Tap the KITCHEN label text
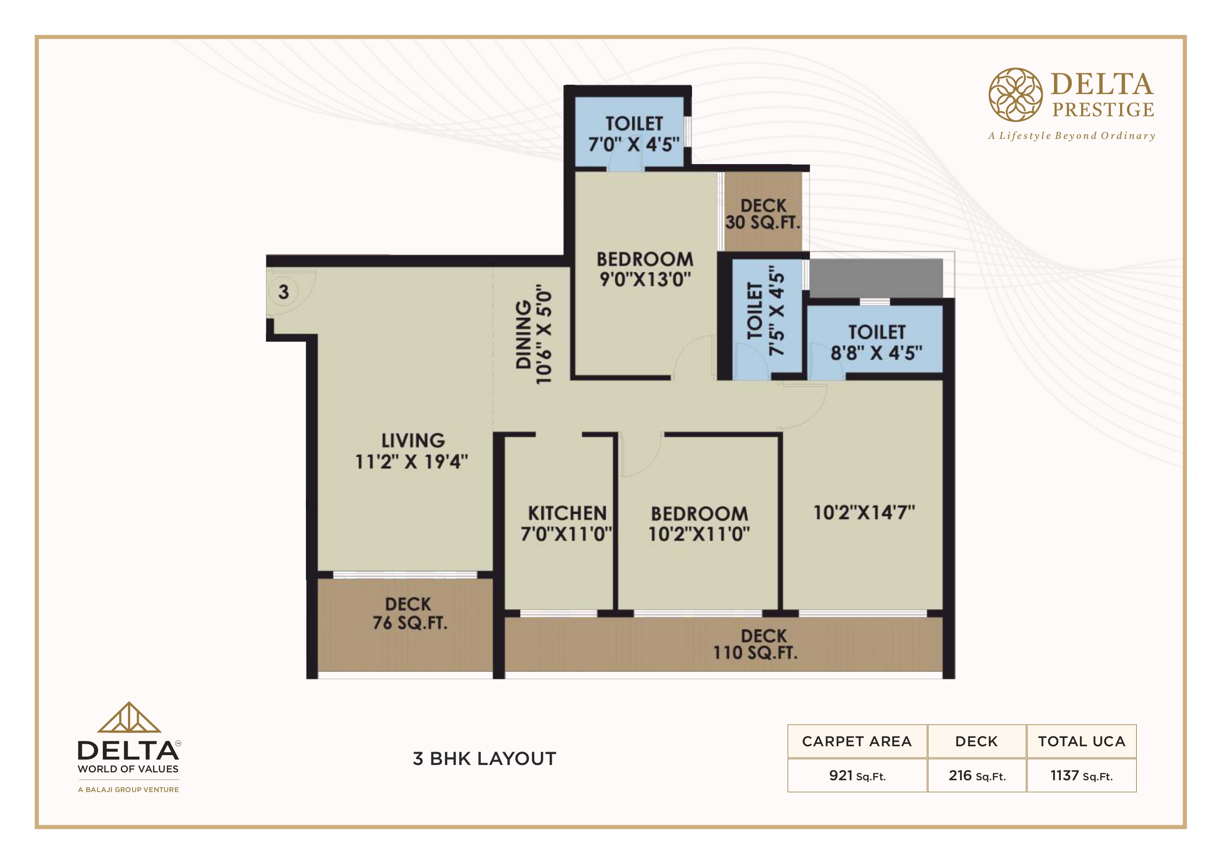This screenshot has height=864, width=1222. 567,513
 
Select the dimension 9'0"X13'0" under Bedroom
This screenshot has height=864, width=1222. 645,279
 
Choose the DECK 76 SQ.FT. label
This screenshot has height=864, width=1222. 409,613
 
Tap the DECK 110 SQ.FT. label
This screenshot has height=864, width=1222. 756,644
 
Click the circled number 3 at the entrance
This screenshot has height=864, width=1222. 284,292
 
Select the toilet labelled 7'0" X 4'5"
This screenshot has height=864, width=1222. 634,133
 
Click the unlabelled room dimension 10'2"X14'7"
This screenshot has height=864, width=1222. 864,513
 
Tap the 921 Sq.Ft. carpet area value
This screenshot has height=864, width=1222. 858,776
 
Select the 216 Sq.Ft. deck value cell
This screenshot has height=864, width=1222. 977,776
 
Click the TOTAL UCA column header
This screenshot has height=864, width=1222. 1082,741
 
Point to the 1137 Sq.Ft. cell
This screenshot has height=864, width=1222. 1082,776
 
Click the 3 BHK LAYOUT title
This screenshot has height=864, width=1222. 484,759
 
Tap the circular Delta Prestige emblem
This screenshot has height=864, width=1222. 1016,95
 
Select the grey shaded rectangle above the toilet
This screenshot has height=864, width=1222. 876,278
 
